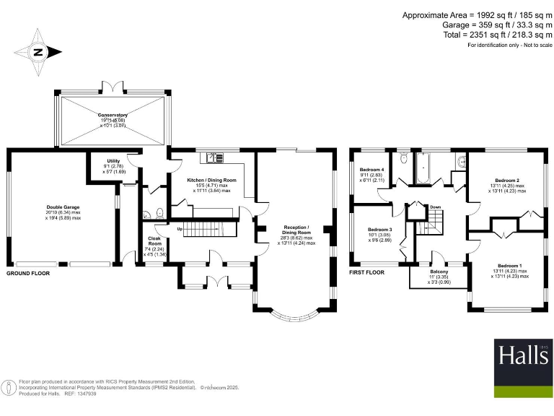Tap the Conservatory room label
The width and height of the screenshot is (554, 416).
[113, 114]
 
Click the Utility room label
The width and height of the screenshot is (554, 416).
[113, 160]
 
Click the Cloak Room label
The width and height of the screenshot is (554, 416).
[155, 238]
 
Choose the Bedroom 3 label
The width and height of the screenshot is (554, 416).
[380, 229]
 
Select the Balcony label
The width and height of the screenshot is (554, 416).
[439, 271]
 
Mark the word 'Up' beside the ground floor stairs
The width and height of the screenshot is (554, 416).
[180, 229]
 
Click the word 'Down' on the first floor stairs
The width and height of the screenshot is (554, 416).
[435, 207]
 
